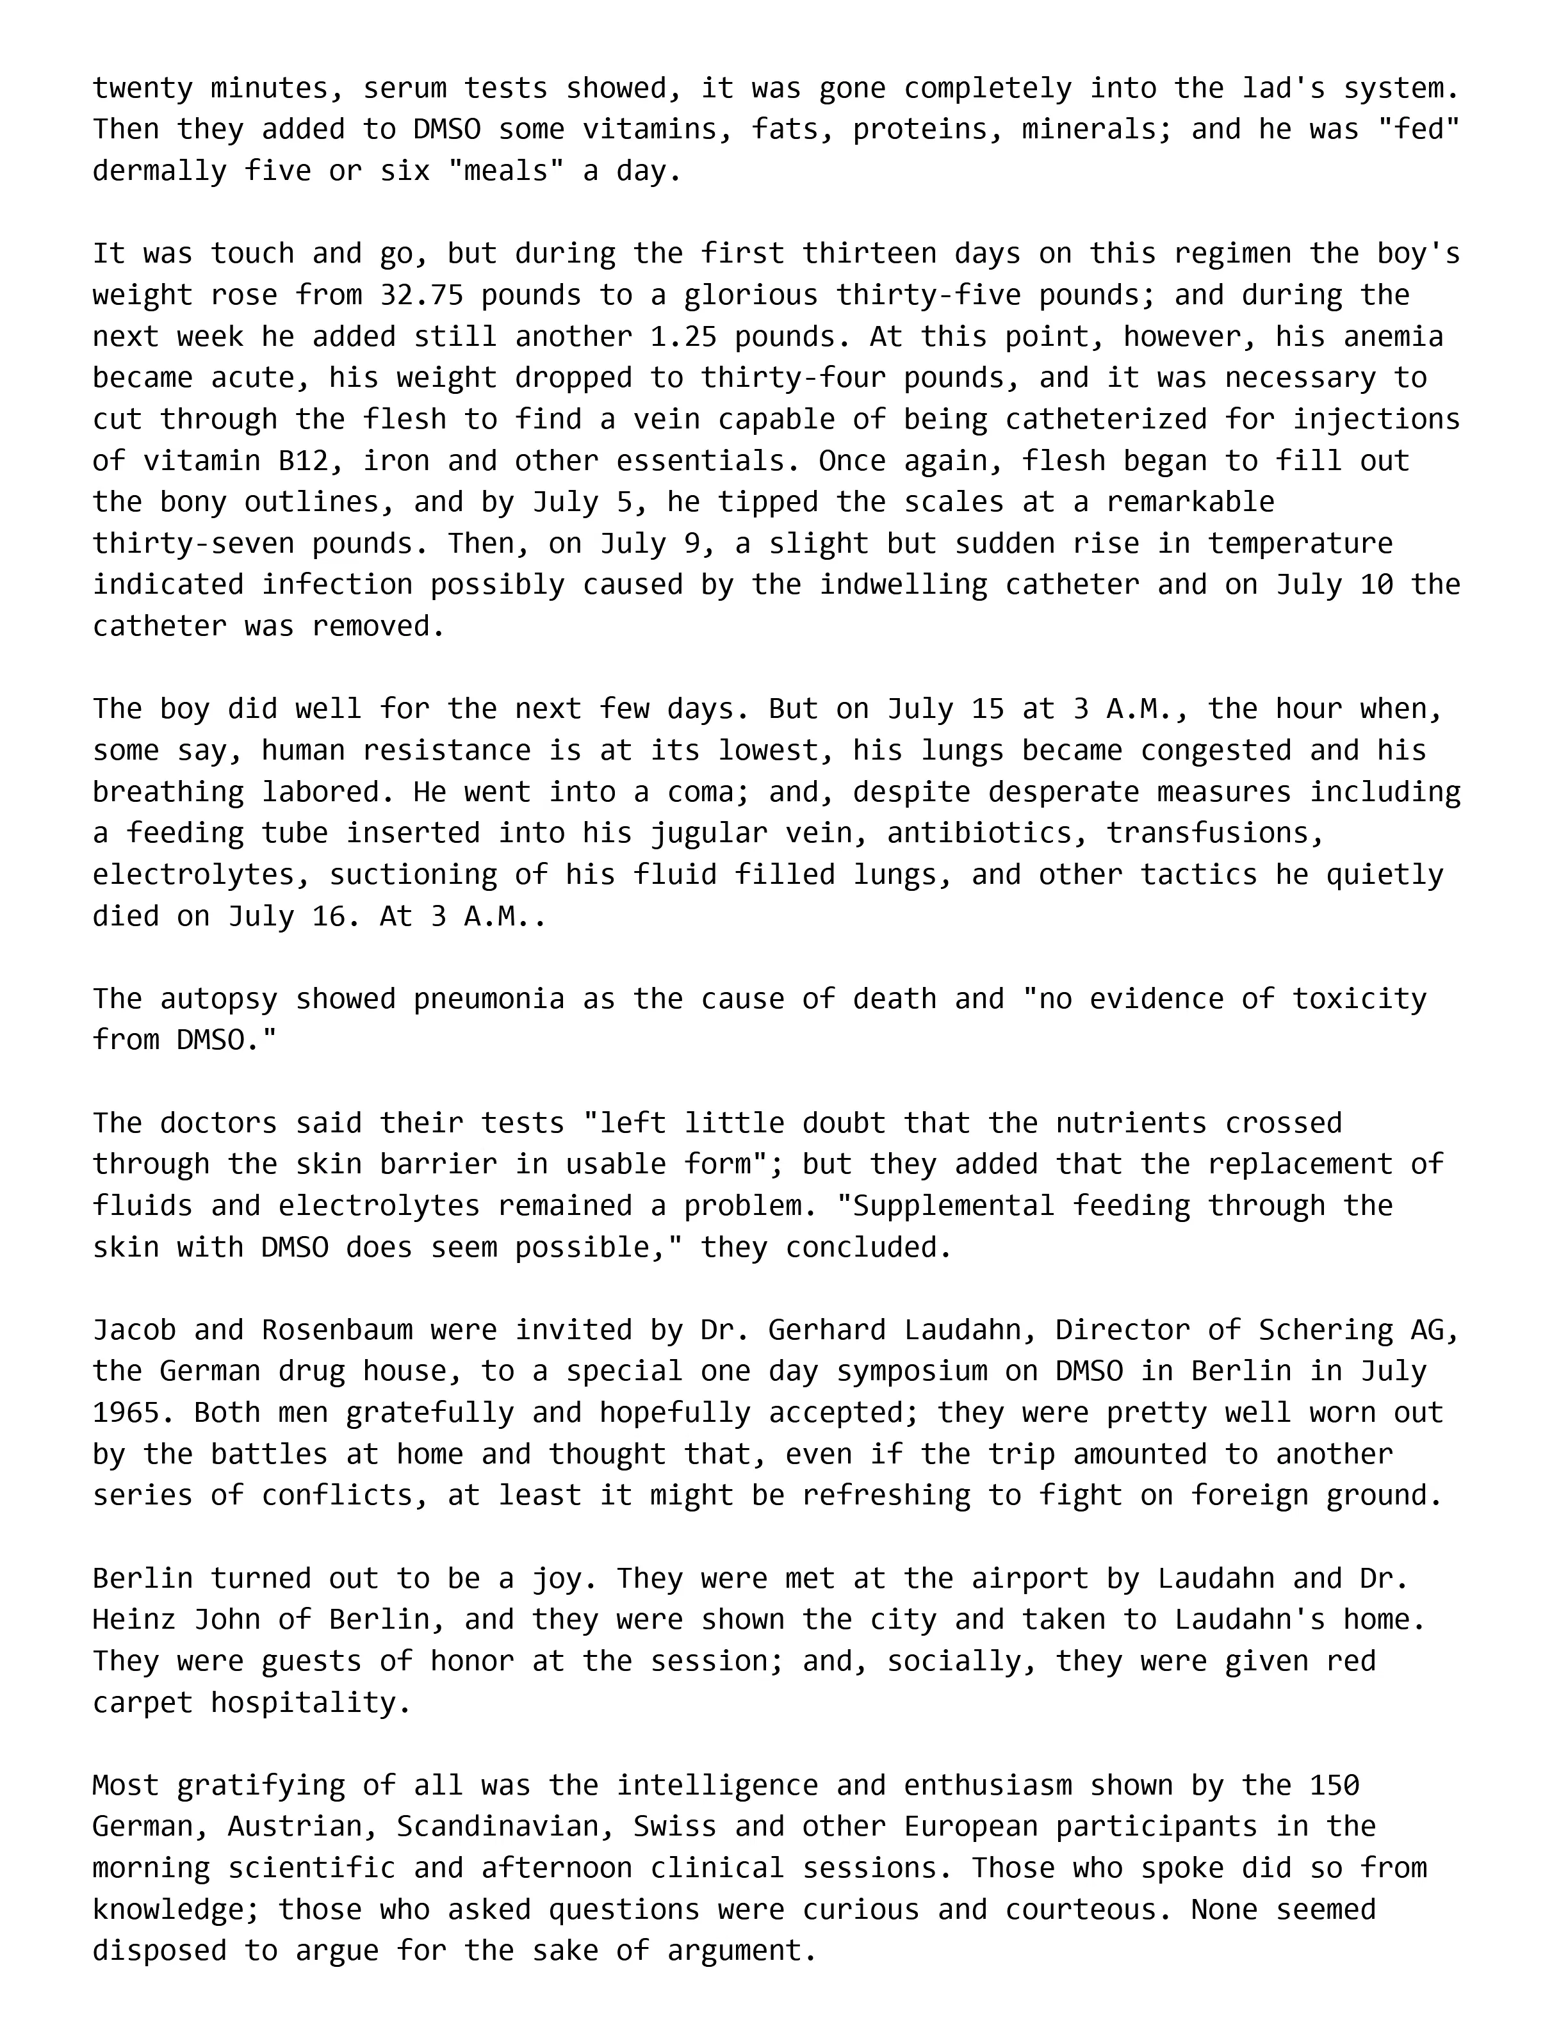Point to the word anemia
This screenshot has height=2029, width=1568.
click(1393, 336)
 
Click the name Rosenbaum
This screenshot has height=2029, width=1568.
click(336, 1330)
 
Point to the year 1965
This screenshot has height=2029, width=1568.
click(126, 1413)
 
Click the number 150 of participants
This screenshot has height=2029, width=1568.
click(1334, 1786)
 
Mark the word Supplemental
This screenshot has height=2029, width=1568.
click(953, 1206)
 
